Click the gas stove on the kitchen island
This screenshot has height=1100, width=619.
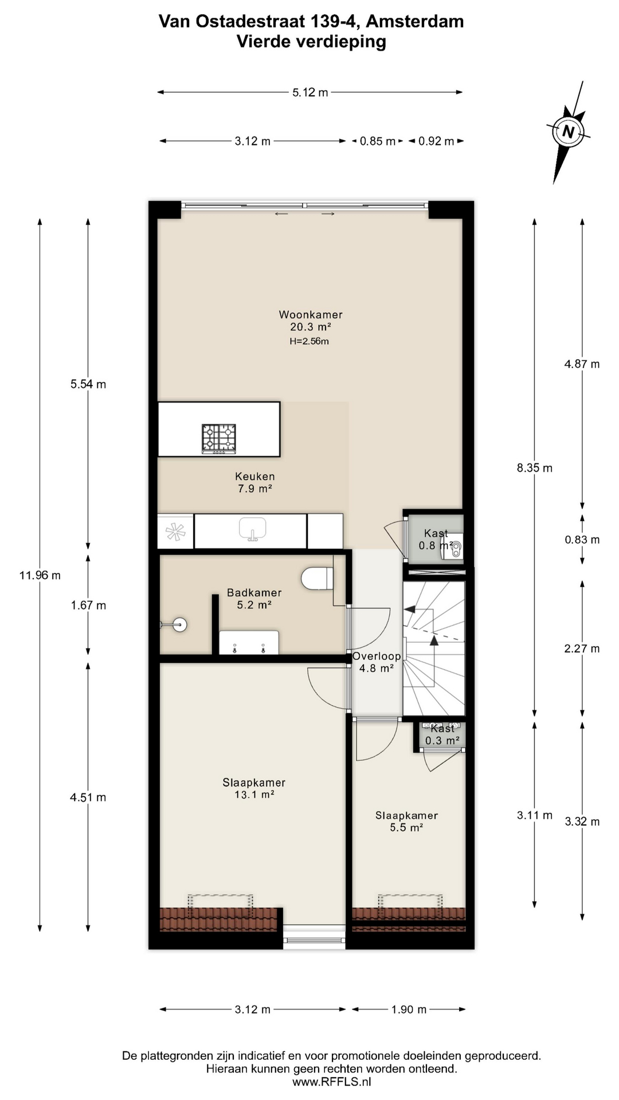click(x=218, y=439)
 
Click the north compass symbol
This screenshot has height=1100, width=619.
click(x=568, y=132)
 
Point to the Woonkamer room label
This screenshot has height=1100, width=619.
click(x=311, y=315)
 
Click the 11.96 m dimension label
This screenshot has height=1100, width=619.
click(x=40, y=575)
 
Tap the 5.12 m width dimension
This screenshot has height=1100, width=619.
click(x=310, y=92)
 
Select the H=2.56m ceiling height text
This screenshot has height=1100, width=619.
click(x=309, y=341)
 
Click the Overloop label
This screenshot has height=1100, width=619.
click(x=376, y=657)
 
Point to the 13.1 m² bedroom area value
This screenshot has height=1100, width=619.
click(x=254, y=795)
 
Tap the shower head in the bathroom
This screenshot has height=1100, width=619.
click(x=179, y=624)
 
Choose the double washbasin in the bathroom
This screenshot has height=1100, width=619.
click(x=249, y=643)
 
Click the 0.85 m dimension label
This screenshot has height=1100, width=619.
click(x=377, y=142)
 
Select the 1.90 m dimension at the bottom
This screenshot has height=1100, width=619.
click(x=409, y=1009)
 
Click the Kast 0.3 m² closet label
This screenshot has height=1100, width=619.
click(x=442, y=734)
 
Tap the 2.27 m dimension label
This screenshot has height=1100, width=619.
click(x=582, y=649)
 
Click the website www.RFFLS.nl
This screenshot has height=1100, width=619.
click(x=331, y=1082)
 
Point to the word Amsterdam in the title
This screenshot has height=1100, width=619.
click(x=414, y=22)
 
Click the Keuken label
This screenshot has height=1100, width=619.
click(x=254, y=477)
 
